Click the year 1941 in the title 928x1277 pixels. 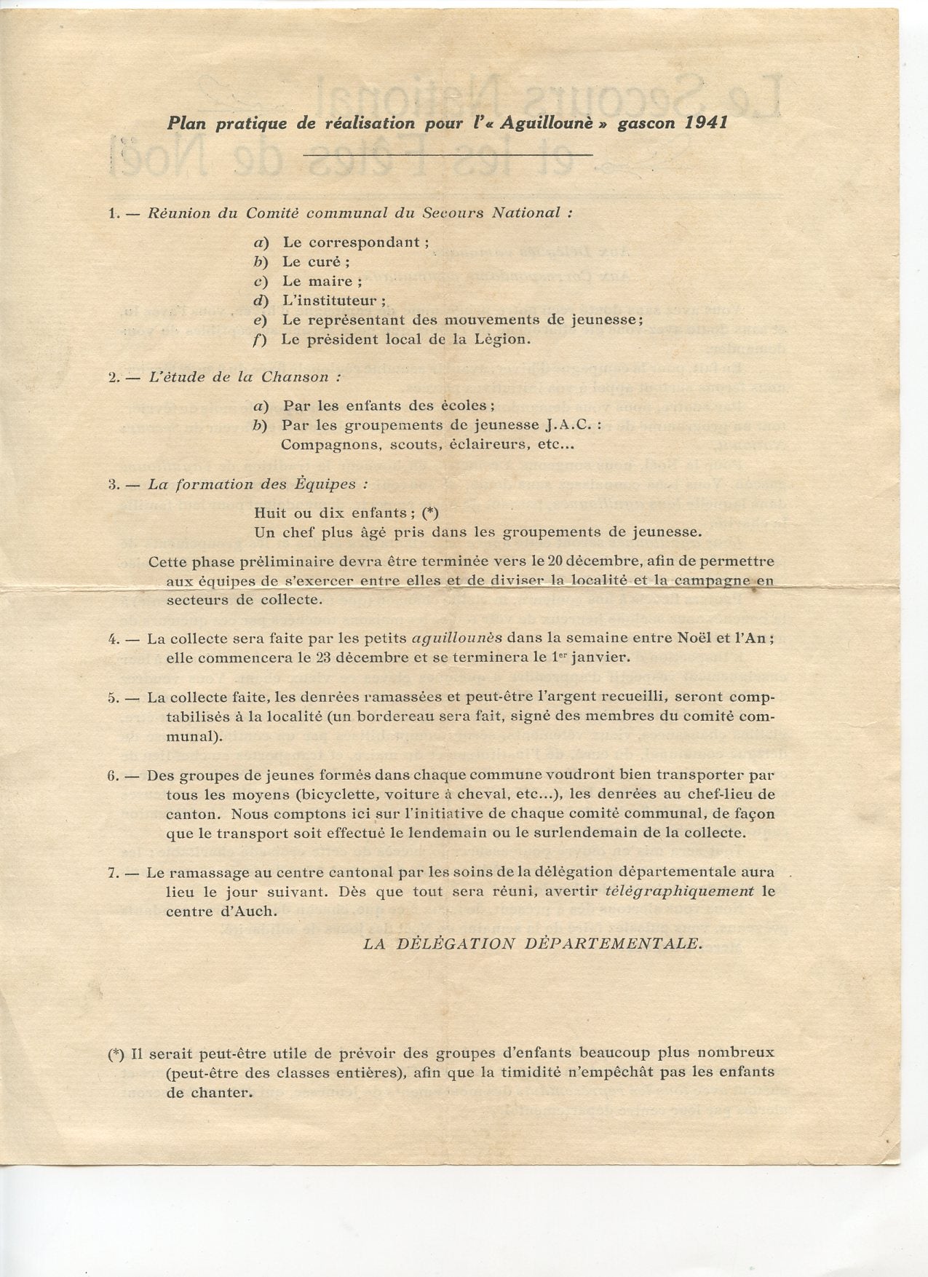(706, 122)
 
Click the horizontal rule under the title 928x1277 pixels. (448, 154)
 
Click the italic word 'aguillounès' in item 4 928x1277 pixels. (457, 638)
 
